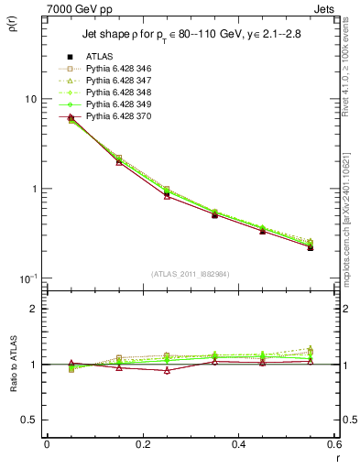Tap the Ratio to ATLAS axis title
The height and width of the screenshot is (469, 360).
pyautogui.click(x=13, y=389)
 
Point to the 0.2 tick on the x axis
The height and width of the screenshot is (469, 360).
pyautogui.click(x=141, y=444)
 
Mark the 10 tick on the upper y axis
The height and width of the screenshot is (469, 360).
pyautogui.click(x=30, y=99)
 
